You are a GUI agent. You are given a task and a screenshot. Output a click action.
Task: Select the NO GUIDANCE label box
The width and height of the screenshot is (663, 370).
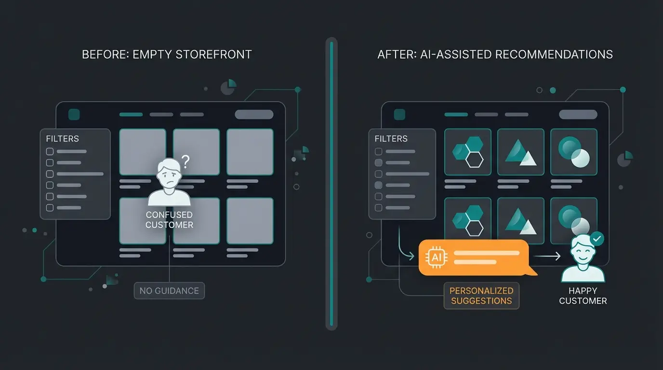pos(169,291)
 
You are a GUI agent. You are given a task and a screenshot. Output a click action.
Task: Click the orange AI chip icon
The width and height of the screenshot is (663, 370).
pos(437,257)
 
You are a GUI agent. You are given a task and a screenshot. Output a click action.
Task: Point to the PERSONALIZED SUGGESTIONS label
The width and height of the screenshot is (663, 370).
pos(481,295)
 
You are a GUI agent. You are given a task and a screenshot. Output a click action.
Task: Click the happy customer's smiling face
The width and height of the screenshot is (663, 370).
pos(583,252)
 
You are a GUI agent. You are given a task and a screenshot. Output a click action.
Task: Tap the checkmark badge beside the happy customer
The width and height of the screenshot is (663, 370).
pos(597,238)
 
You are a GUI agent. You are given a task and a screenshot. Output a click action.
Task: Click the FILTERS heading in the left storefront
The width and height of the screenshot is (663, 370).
pos(62,139)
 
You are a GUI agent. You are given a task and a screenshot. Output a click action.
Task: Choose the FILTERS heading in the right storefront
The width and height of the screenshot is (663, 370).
pos(391,139)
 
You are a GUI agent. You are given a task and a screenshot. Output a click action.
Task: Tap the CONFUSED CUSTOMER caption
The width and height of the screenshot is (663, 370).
pos(169,220)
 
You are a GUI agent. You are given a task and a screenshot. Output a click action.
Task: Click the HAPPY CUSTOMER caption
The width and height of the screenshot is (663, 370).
pos(583,295)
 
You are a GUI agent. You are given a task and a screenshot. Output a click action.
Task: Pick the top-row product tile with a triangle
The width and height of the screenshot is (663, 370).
pos(520,152)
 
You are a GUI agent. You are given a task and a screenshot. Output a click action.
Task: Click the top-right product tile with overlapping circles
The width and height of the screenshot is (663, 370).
pos(573,152)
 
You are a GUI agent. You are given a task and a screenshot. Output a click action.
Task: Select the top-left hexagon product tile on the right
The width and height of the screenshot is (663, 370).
pos(467,152)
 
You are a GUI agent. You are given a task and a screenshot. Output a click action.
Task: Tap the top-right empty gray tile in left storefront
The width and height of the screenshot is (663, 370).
pos(250,152)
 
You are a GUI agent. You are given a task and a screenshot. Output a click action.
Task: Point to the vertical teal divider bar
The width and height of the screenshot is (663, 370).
pos(331,183)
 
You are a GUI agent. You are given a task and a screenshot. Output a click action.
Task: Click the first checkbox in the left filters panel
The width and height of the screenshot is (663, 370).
pos(50,151)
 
